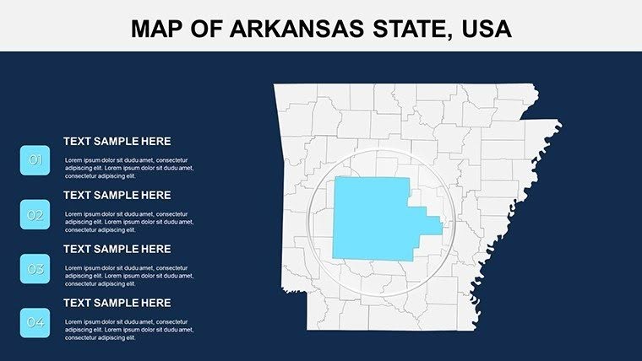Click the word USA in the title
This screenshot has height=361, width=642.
click(485, 29)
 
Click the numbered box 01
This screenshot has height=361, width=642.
click(35, 160)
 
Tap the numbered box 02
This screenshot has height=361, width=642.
click(35, 215)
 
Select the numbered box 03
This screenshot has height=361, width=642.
click(35, 269)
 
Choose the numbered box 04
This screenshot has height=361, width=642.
click(35, 322)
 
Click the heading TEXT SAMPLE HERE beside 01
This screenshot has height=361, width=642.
click(117, 142)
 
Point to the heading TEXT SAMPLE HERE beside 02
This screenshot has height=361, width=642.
click(117, 195)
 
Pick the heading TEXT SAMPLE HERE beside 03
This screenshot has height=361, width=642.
click(117, 249)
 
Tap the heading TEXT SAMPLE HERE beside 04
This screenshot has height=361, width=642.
click(117, 303)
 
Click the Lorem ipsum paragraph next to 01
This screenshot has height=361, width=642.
click(128, 168)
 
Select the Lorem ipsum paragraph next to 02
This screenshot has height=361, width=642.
click(128, 222)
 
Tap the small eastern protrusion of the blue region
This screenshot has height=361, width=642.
click(432, 224)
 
